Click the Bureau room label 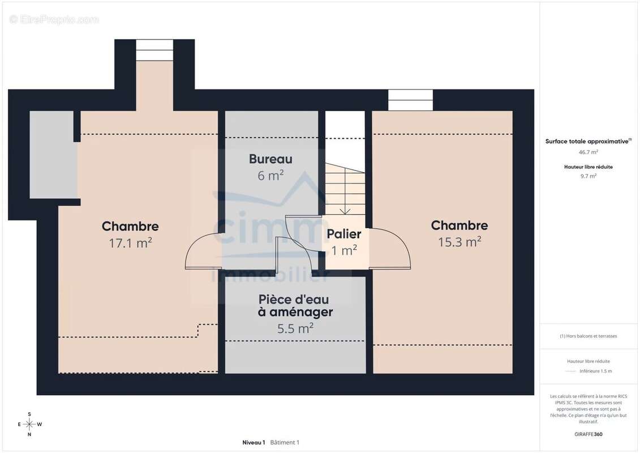(x=270, y=159)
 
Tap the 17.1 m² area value (x=130, y=243)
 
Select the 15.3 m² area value (x=459, y=242)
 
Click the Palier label (x=343, y=234)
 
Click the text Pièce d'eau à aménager (x=294, y=305)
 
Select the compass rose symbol (x=29, y=424)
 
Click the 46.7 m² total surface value (x=589, y=152)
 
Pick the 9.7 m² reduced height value (x=589, y=176)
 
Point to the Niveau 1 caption (x=254, y=442)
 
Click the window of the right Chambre (x=410, y=100)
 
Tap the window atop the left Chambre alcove (x=154, y=50)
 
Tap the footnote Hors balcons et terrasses (x=589, y=336)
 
